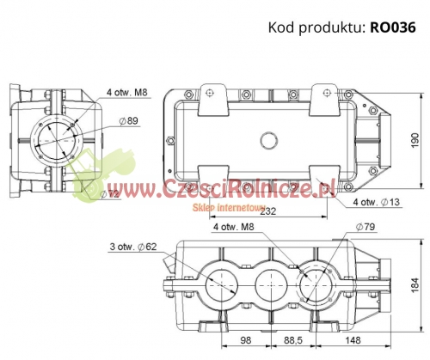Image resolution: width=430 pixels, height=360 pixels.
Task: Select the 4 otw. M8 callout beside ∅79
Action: point(232,228)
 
